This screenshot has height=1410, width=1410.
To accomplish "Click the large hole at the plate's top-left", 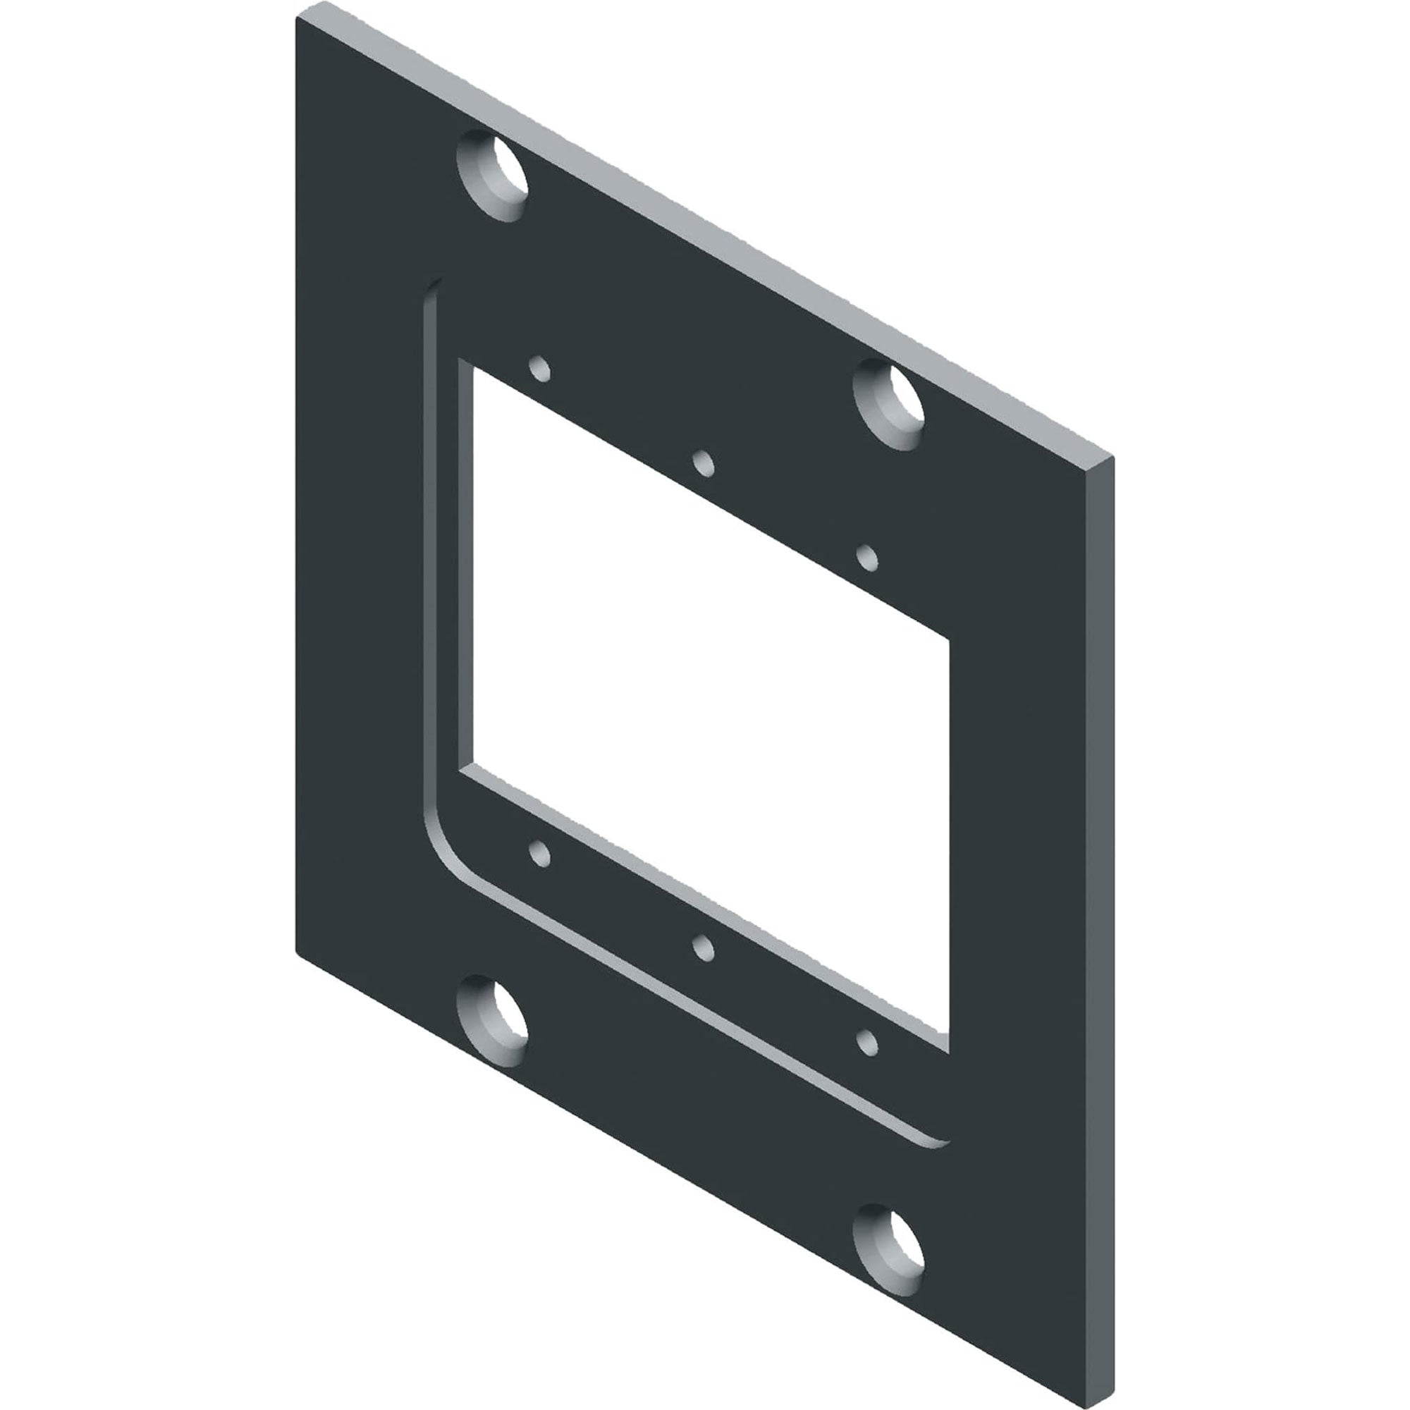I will [x=492, y=176].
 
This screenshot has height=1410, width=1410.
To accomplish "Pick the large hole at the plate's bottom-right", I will [x=888, y=1250].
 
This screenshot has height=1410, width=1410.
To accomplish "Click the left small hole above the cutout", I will [x=539, y=369].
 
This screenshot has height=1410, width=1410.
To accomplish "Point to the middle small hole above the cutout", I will [x=703, y=463].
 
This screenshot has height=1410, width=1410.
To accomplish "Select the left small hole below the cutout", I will [x=539, y=853].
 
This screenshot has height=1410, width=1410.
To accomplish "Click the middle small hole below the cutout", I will [x=703, y=948].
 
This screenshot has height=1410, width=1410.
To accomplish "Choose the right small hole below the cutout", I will [x=867, y=1043].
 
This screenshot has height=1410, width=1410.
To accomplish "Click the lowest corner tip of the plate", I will [x=1095, y=1405].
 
